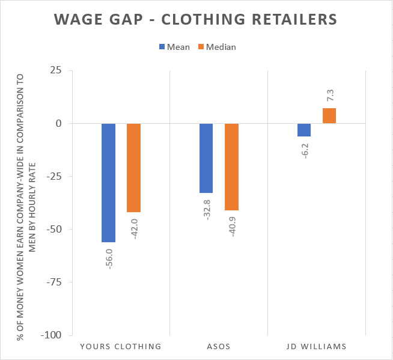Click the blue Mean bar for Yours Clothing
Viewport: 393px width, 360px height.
tap(109, 183)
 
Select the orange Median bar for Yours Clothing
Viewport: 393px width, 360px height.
tap(133, 168)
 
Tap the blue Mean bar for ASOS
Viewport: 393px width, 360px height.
tap(206, 158)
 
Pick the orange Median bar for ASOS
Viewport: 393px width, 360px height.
tap(231, 167)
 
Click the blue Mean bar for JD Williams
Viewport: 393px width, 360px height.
tap(304, 130)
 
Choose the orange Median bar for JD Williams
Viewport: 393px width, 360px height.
tap(329, 116)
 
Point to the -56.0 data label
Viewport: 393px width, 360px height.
tap(109, 259)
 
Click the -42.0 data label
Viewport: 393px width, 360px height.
tap(135, 229)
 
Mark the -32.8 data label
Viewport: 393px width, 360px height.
tap(207, 210)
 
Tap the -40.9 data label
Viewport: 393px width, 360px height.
tap(233, 227)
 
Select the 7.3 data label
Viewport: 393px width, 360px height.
tap(330, 96)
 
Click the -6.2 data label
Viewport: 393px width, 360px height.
tap(305, 151)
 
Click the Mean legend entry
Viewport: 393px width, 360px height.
tap(174, 47)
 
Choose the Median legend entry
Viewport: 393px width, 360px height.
tap(217, 47)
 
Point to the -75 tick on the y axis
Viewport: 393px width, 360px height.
tap(54, 282)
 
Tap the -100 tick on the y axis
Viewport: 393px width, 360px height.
tap(51, 335)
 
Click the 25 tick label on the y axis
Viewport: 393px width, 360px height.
tap(56, 70)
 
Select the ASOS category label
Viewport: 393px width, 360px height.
tap(219, 346)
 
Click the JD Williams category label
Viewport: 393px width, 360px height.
tap(317, 346)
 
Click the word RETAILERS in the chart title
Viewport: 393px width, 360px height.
tap(294, 19)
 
